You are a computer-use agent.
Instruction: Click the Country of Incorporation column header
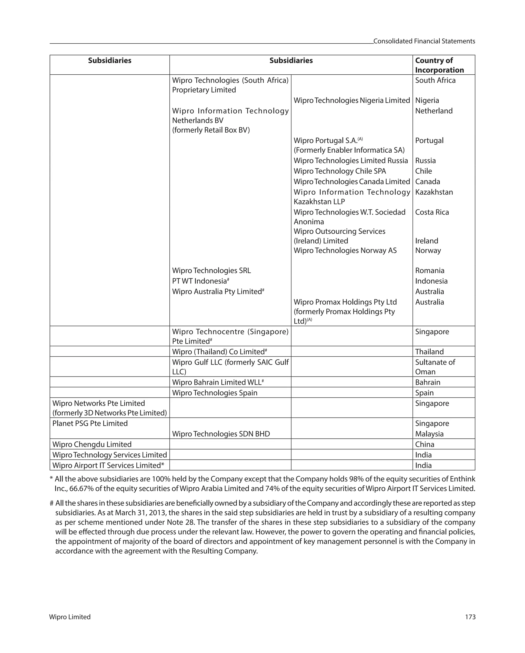pos(439,65)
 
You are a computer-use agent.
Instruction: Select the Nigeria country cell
pos(427,100)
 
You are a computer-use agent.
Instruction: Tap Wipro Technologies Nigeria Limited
pos(351,100)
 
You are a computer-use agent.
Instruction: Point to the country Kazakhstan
pos(434,192)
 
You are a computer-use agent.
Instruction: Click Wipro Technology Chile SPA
pos(340,171)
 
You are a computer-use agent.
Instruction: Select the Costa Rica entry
pos(432,212)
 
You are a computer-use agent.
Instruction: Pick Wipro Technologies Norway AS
pos(345,251)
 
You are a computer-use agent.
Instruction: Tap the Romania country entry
pos(430,271)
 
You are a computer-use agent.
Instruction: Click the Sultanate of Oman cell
pos(435,367)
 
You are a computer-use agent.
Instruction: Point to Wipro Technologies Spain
pos(215,393)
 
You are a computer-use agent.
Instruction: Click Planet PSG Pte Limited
pos(90,423)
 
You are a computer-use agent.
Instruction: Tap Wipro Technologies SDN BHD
pos(221,434)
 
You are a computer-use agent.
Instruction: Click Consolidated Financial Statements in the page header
pos(424,41)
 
